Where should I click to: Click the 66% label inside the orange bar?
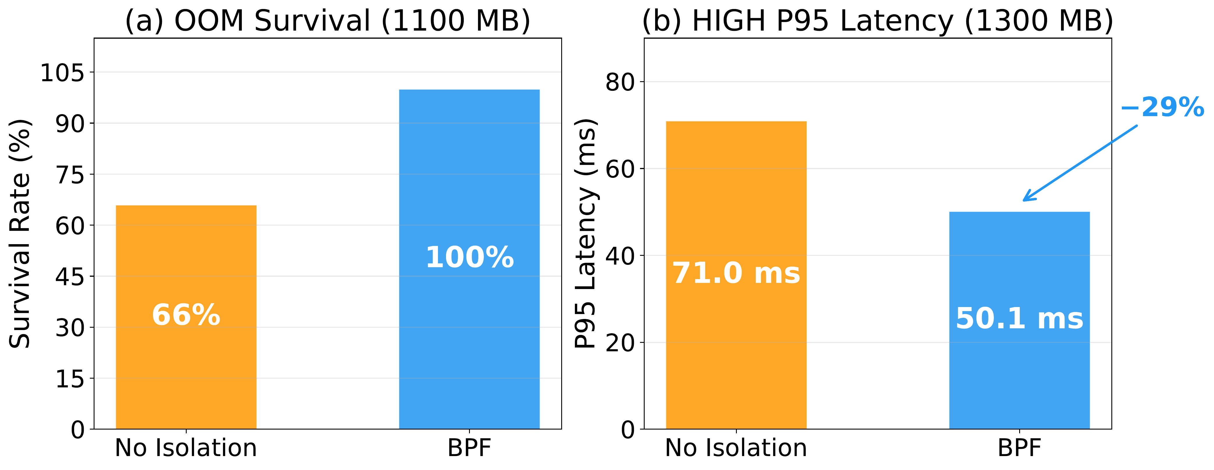[186, 315]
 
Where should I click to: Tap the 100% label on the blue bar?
[469, 258]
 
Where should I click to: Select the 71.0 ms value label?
[736, 274]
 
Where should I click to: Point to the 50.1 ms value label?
[1019, 319]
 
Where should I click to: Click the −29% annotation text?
[1162, 108]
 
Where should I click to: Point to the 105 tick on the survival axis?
[62, 73]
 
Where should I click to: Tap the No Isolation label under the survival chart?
[186, 448]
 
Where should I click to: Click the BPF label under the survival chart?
[469, 448]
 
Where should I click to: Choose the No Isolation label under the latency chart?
[736, 448]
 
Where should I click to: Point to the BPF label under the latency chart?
[1019, 448]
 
